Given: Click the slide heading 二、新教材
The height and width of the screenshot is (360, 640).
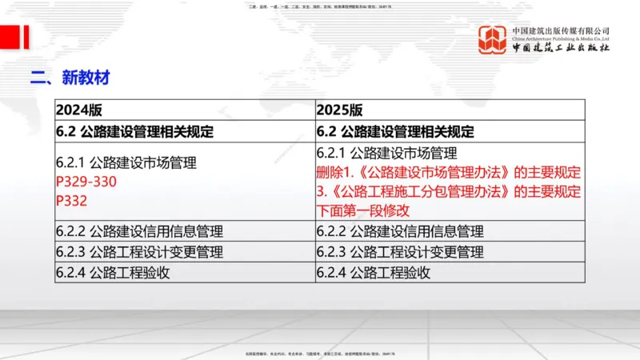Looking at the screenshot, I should pos(70,78).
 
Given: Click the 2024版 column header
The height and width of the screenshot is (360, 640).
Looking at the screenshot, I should pos(79,110).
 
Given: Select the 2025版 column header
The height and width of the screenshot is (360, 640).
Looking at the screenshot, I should pos(340,110).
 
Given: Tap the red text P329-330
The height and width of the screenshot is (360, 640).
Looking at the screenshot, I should pos(86,182).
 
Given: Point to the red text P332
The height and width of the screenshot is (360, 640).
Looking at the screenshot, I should pos(71,201).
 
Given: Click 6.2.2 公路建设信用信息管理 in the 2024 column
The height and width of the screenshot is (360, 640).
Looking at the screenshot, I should pos(139,232).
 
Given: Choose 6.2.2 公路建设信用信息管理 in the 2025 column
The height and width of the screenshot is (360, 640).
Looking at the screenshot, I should pos(400,232).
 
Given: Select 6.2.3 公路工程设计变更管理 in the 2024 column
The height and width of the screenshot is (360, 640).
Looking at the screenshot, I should pos(139,252).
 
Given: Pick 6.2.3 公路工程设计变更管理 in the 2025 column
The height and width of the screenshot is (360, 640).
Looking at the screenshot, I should pos(400,252).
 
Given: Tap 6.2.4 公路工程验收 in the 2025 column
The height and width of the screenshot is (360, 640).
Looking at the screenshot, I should pos(374,272).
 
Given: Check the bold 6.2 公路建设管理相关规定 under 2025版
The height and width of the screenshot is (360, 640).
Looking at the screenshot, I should pos(395,131).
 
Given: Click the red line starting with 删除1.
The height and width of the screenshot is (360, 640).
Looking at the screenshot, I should pos(448,173).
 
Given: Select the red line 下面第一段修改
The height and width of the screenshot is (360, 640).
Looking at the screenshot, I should pos(363,211).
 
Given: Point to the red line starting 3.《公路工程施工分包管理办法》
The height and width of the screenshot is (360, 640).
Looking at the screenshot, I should pos(448,192).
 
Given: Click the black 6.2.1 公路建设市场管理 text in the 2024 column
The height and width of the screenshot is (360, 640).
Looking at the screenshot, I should pos(126,162).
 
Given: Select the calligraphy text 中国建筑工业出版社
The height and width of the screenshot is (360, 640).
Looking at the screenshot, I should pos(561,48).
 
